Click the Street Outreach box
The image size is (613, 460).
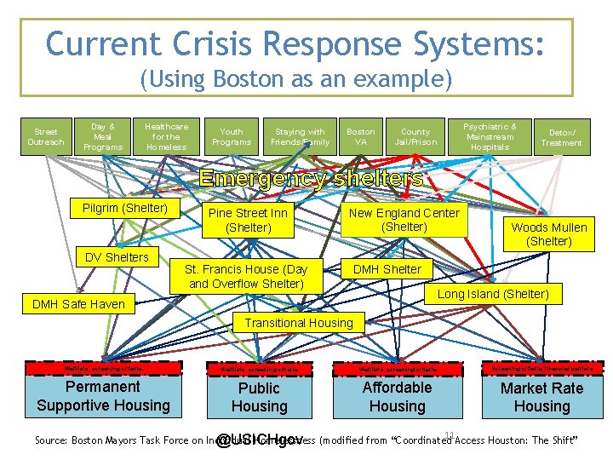(x=45, y=136)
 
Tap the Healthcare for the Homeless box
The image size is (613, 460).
(x=166, y=136)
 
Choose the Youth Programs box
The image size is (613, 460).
(x=232, y=136)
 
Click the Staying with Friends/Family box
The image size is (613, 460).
(x=300, y=136)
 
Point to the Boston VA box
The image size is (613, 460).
(x=360, y=136)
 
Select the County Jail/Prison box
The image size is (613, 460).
(x=415, y=136)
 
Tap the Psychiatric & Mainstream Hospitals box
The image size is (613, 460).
(x=490, y=136)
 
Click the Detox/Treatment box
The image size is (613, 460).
(x=562, y=137)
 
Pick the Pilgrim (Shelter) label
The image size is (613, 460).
(x=125, y=209)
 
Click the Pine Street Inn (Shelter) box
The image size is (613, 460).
(x=249, y=220)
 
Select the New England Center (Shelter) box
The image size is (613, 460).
(x=404, y=220)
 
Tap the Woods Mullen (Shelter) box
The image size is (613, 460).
(x=549, y=234)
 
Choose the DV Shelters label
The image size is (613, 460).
(x=117, y=256)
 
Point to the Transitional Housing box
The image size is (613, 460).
(x=299, y=323)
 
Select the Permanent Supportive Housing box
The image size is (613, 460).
(x=103, y=396)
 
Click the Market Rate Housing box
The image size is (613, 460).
(x=541, y=396)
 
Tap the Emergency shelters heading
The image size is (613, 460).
(x=311, y=179)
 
